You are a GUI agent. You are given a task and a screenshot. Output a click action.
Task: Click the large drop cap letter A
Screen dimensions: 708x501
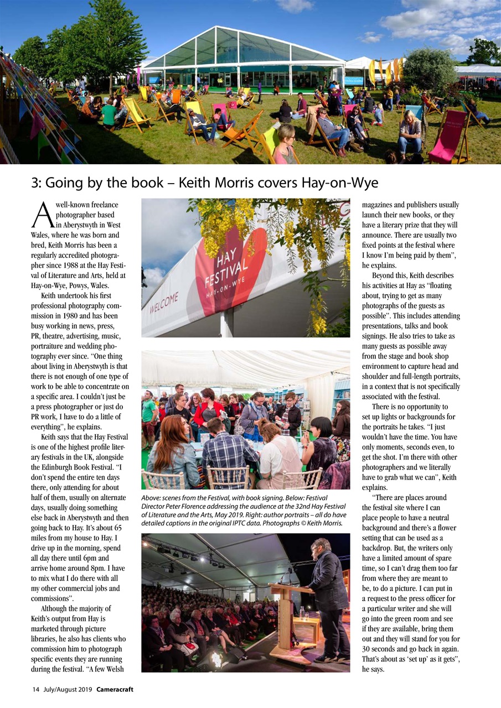coord(42,215)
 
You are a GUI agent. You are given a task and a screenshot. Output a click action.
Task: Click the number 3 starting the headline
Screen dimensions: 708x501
coord(34,183)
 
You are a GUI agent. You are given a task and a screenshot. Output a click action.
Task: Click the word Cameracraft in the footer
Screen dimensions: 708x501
coord(115,690)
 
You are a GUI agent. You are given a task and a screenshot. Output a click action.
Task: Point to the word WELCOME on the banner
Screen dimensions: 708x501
coord(164,303)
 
